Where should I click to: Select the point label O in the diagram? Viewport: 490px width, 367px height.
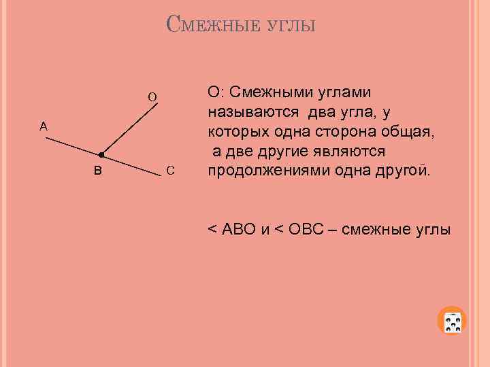coord(152,97)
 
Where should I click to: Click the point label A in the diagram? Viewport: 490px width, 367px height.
coord(44,126)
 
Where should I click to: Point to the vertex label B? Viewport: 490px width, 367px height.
coord(98,169)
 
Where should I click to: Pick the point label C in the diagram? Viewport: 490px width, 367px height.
coord(170,169)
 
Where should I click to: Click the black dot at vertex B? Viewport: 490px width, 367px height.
coord(100,155)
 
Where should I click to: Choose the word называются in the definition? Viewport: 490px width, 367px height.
coord(251,111)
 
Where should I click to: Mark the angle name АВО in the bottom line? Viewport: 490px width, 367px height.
coord(237,229)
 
